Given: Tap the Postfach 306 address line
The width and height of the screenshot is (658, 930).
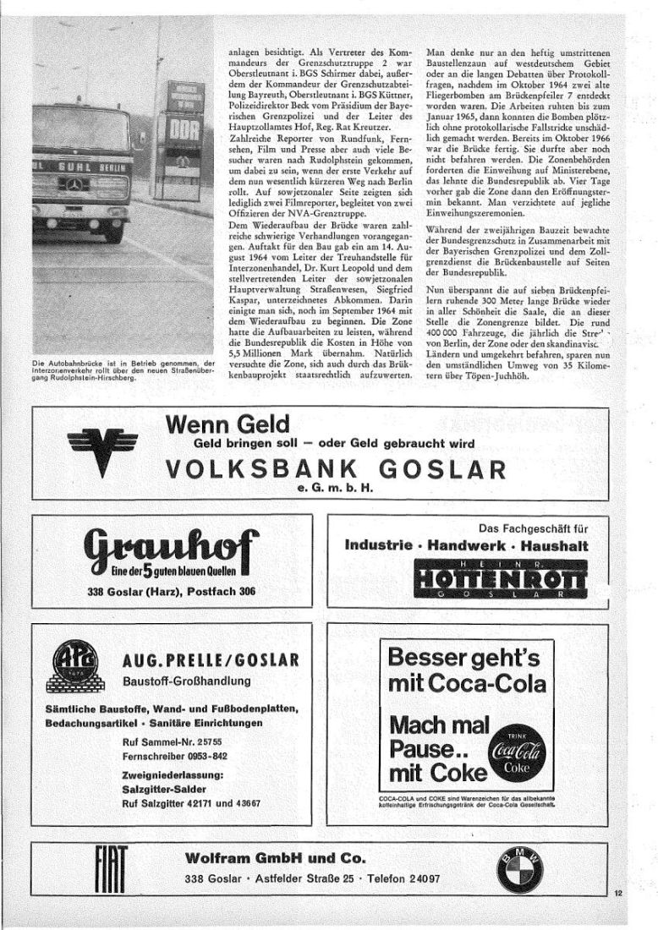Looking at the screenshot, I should (x=217, y=592).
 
